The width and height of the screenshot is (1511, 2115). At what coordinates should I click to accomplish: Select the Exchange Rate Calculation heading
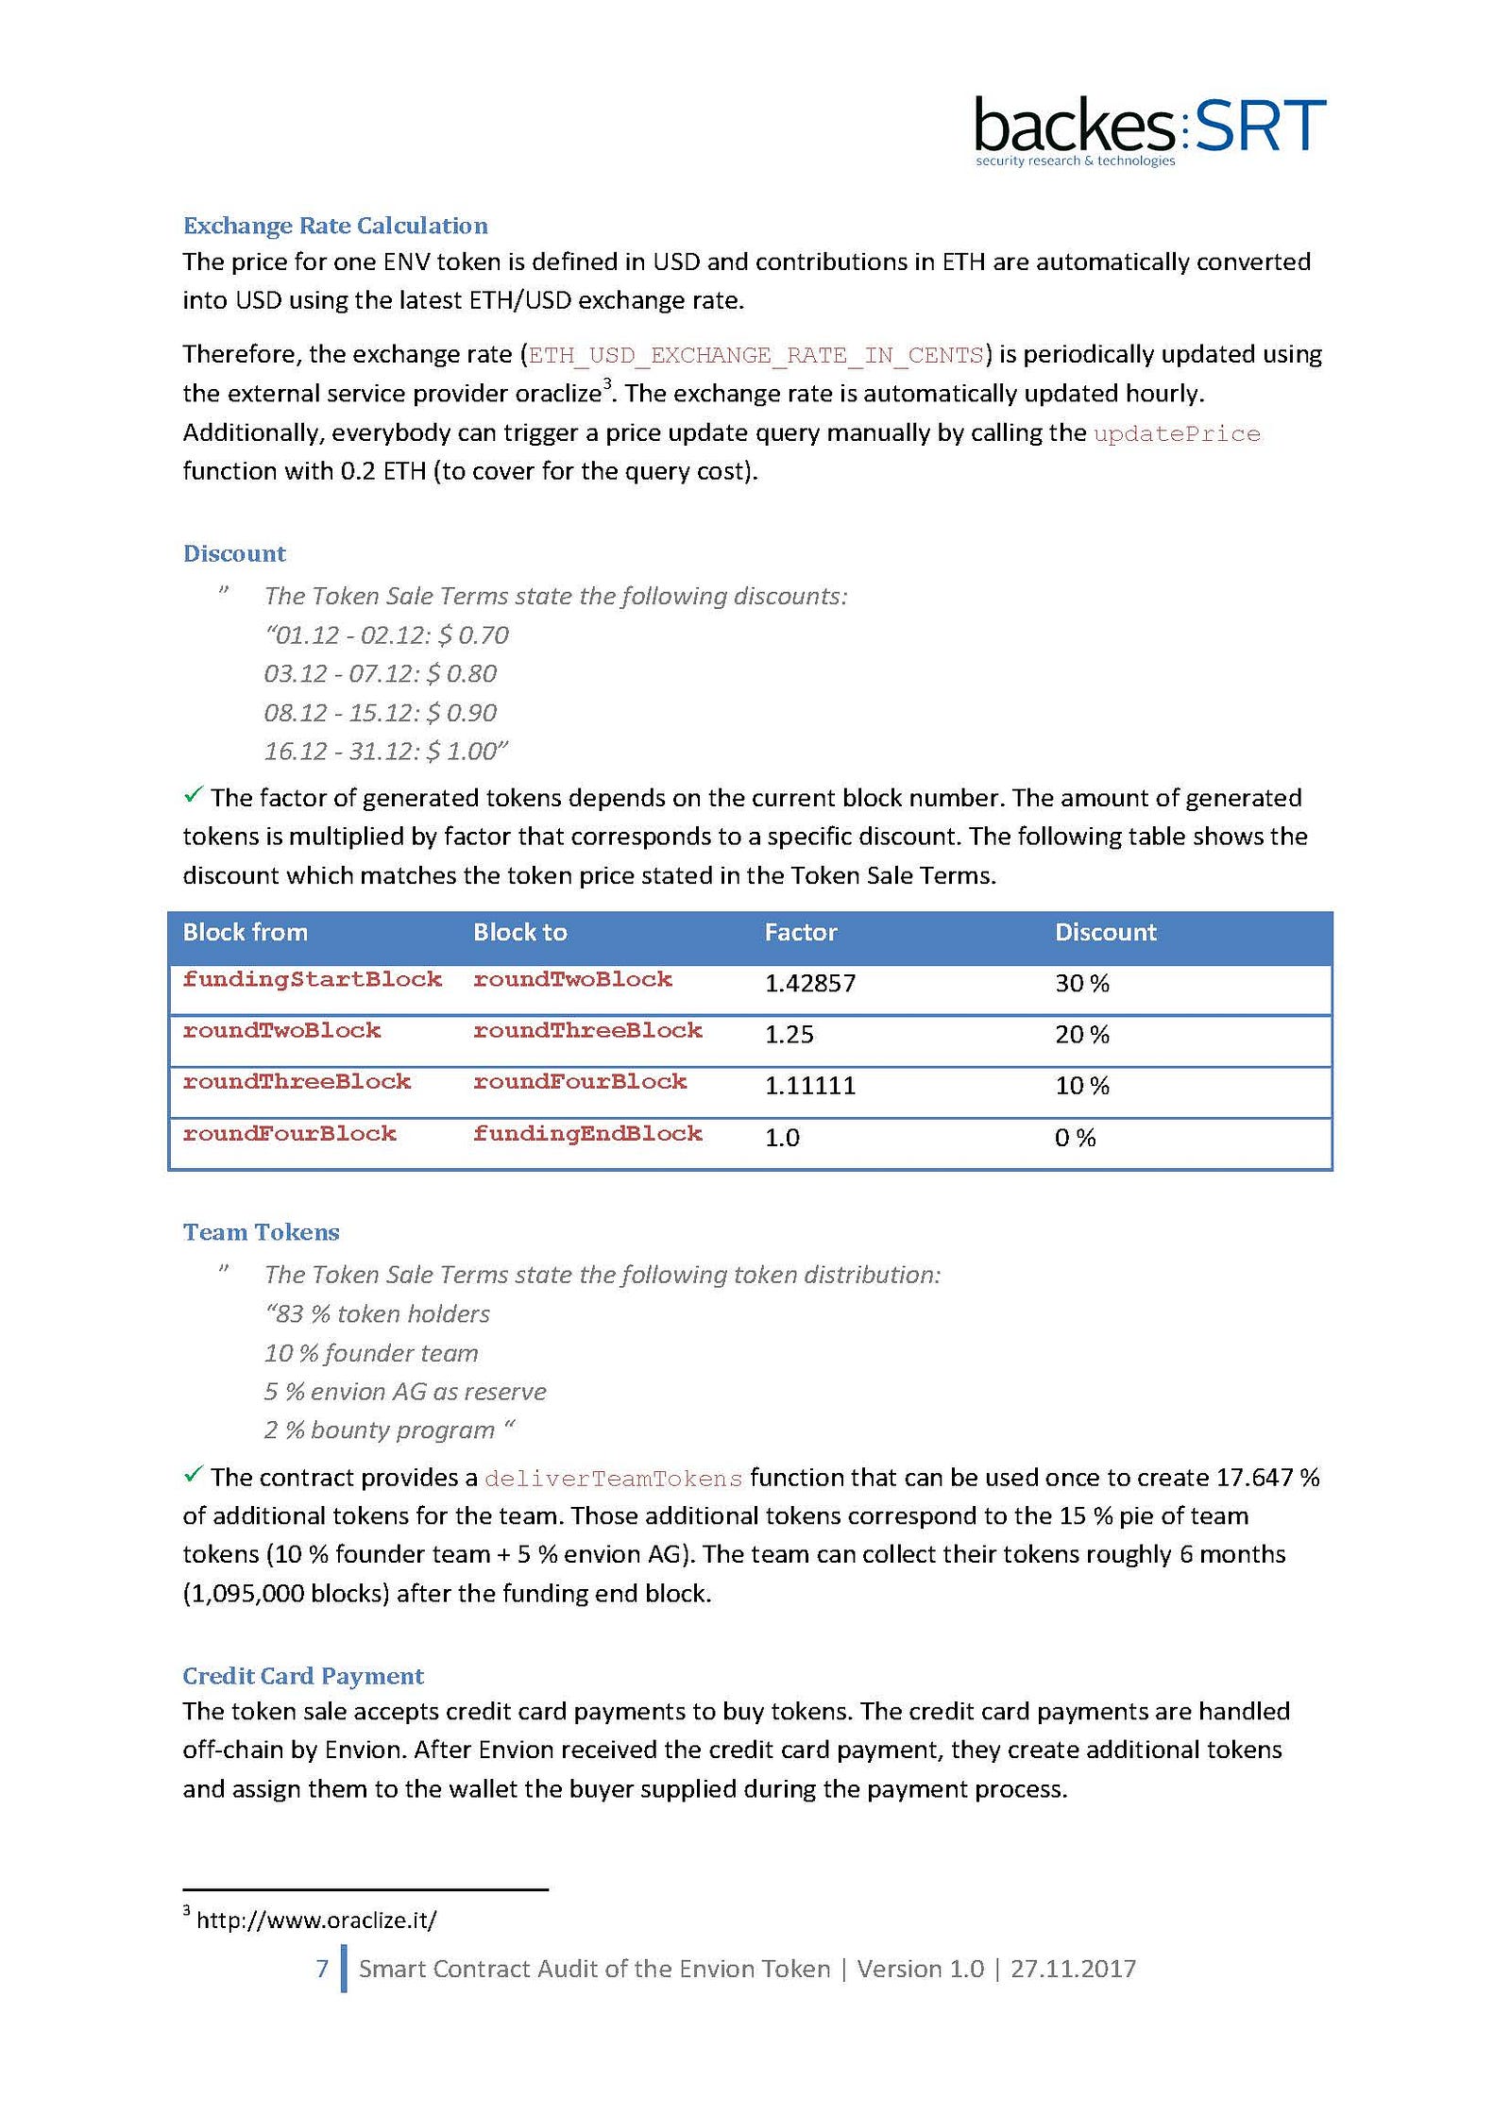point(335,226)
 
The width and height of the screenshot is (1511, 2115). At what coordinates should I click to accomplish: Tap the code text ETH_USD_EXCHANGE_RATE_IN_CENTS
point(755,355)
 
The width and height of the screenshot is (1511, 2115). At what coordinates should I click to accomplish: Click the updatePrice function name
point(1177,433)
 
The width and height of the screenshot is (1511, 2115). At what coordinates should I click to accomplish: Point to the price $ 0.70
point(473,634)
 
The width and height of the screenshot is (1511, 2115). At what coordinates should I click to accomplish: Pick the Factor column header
point(801,933)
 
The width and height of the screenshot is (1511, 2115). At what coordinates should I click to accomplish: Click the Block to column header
point(520,933)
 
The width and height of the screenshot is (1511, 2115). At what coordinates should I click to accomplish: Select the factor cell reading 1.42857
point(810,984)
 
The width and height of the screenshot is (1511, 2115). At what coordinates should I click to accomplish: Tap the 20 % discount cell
point(1082,1035)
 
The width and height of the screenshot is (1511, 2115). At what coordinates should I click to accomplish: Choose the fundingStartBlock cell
point(313,979)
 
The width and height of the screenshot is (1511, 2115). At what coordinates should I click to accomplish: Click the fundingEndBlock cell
point(587,1133)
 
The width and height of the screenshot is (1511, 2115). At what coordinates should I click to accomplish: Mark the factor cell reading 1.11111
point(810,1086)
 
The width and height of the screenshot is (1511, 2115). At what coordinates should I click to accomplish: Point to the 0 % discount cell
point(1076,1138)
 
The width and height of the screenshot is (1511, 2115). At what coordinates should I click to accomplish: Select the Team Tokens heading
point(262,1232)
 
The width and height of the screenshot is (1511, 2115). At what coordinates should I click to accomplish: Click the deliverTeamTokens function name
point(614,1479)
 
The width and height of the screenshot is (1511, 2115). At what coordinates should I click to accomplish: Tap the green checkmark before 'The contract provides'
point(194,1474)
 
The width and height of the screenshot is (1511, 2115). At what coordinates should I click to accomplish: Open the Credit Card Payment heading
point(303,1676)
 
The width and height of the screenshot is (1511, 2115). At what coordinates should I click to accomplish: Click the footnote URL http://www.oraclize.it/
point(316,1920)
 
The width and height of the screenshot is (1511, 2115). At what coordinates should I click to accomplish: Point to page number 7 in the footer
point(322,1969)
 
